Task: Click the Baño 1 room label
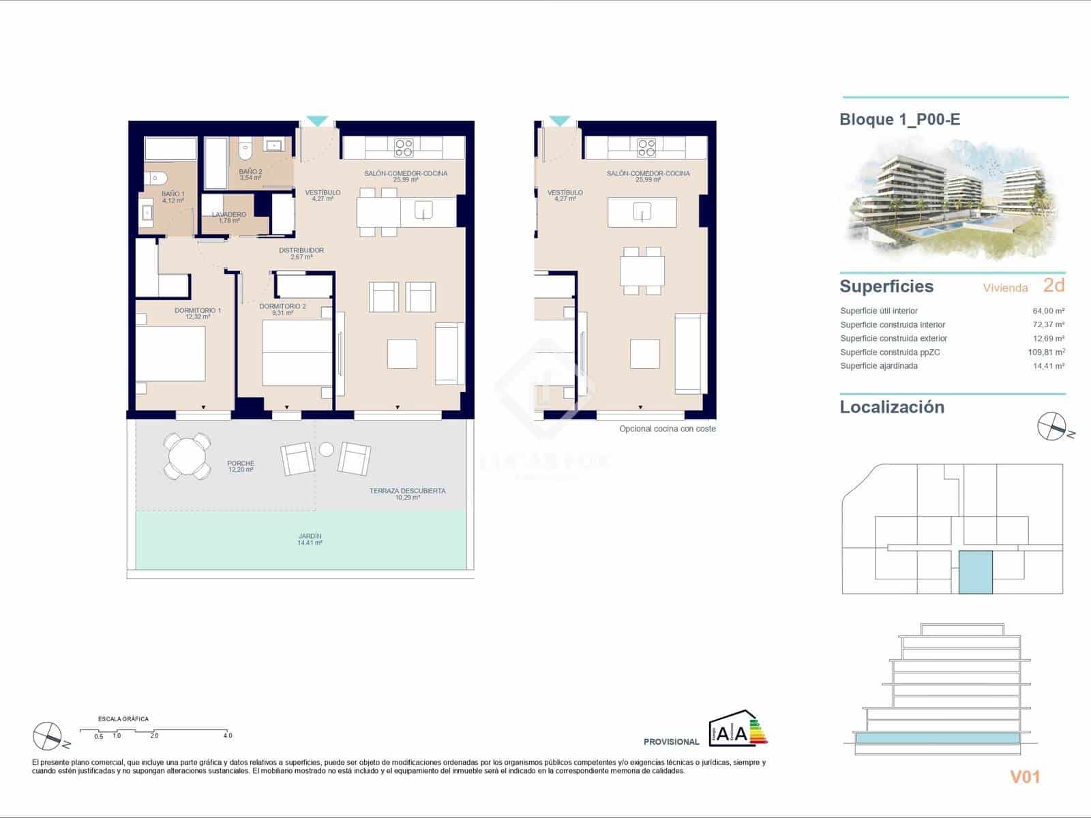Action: (x=173, y=197)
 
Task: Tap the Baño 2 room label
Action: (x=250, y=175)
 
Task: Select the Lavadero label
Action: (x=229, y=217)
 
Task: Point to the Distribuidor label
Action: (x=301, y=254)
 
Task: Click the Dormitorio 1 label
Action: (x=198, y=314)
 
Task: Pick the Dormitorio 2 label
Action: (x=283, y=309)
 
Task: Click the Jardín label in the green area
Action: (x=310, y=539)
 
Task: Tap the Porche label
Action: (x=241, y=466)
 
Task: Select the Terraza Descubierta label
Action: (x=408, y=494)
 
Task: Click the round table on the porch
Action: (x=187, y=456)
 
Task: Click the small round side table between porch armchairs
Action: (x=327, y=449)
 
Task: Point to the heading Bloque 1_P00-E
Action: (x=899, y=120)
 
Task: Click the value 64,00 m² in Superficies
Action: (x=1048, y=311)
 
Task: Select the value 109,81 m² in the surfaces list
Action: (x=1048, y=352)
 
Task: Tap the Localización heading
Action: (x=892, y=407)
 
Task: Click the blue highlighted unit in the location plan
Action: (x=976, y=572)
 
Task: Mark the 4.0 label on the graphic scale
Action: (x=228, y=736)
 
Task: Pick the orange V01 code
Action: (x=1025, y=776)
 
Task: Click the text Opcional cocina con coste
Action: (x=668, y=429)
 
